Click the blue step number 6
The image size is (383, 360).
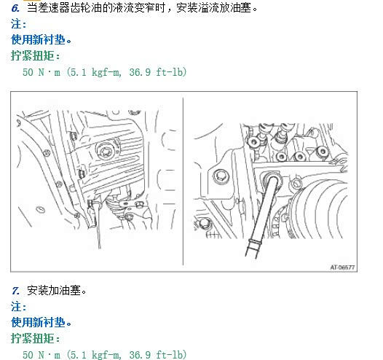point(15,9)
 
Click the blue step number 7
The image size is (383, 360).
point(15,291)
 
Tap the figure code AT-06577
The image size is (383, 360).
point(342,267)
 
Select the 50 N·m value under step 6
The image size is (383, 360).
point(42,72)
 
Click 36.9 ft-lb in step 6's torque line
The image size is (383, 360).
point(157,72)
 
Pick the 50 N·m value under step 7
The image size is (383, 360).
point(42,355)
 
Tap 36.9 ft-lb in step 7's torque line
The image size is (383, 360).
point(157,355)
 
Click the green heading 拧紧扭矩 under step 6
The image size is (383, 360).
point(33,55)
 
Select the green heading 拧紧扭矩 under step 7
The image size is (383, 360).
point(33,338)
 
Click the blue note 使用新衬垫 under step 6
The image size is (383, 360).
point(38,39)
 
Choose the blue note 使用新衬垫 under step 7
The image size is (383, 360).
point(38,322)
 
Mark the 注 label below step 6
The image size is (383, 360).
point(16,24)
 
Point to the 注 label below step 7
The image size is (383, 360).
point(16,307)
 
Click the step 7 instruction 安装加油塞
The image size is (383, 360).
point(54,291)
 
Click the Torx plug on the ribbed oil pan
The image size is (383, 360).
point(106,151)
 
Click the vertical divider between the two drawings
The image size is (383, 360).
point(183,181)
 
